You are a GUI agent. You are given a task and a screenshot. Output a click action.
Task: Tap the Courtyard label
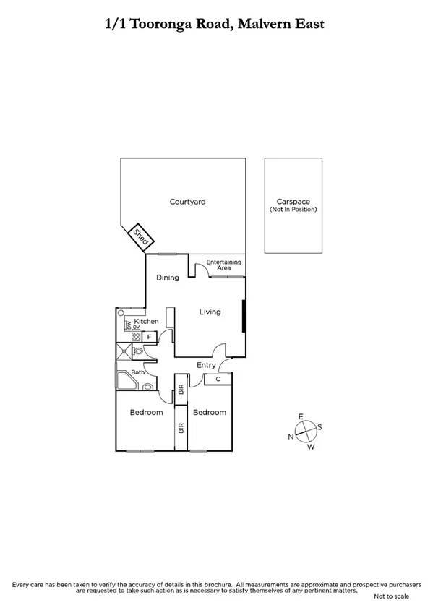(x=187, y=202)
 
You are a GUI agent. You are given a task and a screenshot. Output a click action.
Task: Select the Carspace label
(x=293, y=202)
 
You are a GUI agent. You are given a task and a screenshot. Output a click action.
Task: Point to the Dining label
(x=168, y=278)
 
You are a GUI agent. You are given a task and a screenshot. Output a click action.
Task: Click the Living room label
(x=210, y=312)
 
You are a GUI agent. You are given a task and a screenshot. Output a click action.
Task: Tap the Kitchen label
(x=146, y=321)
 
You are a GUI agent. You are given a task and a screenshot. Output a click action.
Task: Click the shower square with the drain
(x=124, y=352)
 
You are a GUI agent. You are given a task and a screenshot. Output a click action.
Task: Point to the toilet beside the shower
(x=139, y=352)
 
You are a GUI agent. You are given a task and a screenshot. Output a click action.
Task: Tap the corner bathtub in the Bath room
(x=127, y=380)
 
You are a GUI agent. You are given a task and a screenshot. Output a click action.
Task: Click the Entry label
(x=206, y=366)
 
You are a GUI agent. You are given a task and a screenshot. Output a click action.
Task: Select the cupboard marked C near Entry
(x=218, y=379)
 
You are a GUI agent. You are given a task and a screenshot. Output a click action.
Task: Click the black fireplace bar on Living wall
(x=244, y=317)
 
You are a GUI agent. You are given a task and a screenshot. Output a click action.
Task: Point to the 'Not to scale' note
(x=391, y=597)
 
